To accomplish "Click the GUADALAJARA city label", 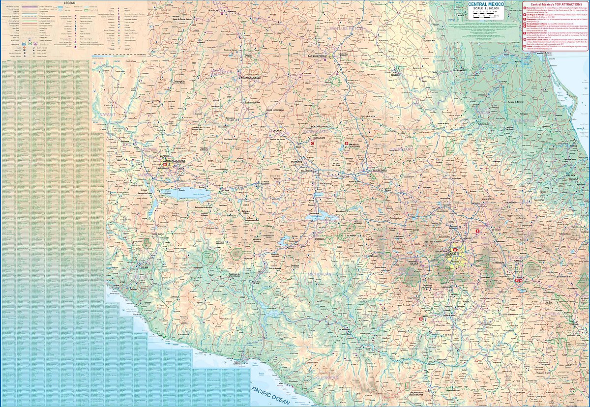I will point(173,160).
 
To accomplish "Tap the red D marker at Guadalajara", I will point(165,164).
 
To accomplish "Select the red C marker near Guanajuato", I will point(312,144).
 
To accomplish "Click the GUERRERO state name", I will point(327,378).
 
